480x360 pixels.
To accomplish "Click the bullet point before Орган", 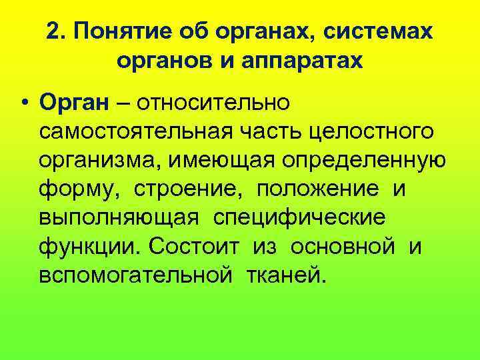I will (x=24, y=104).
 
